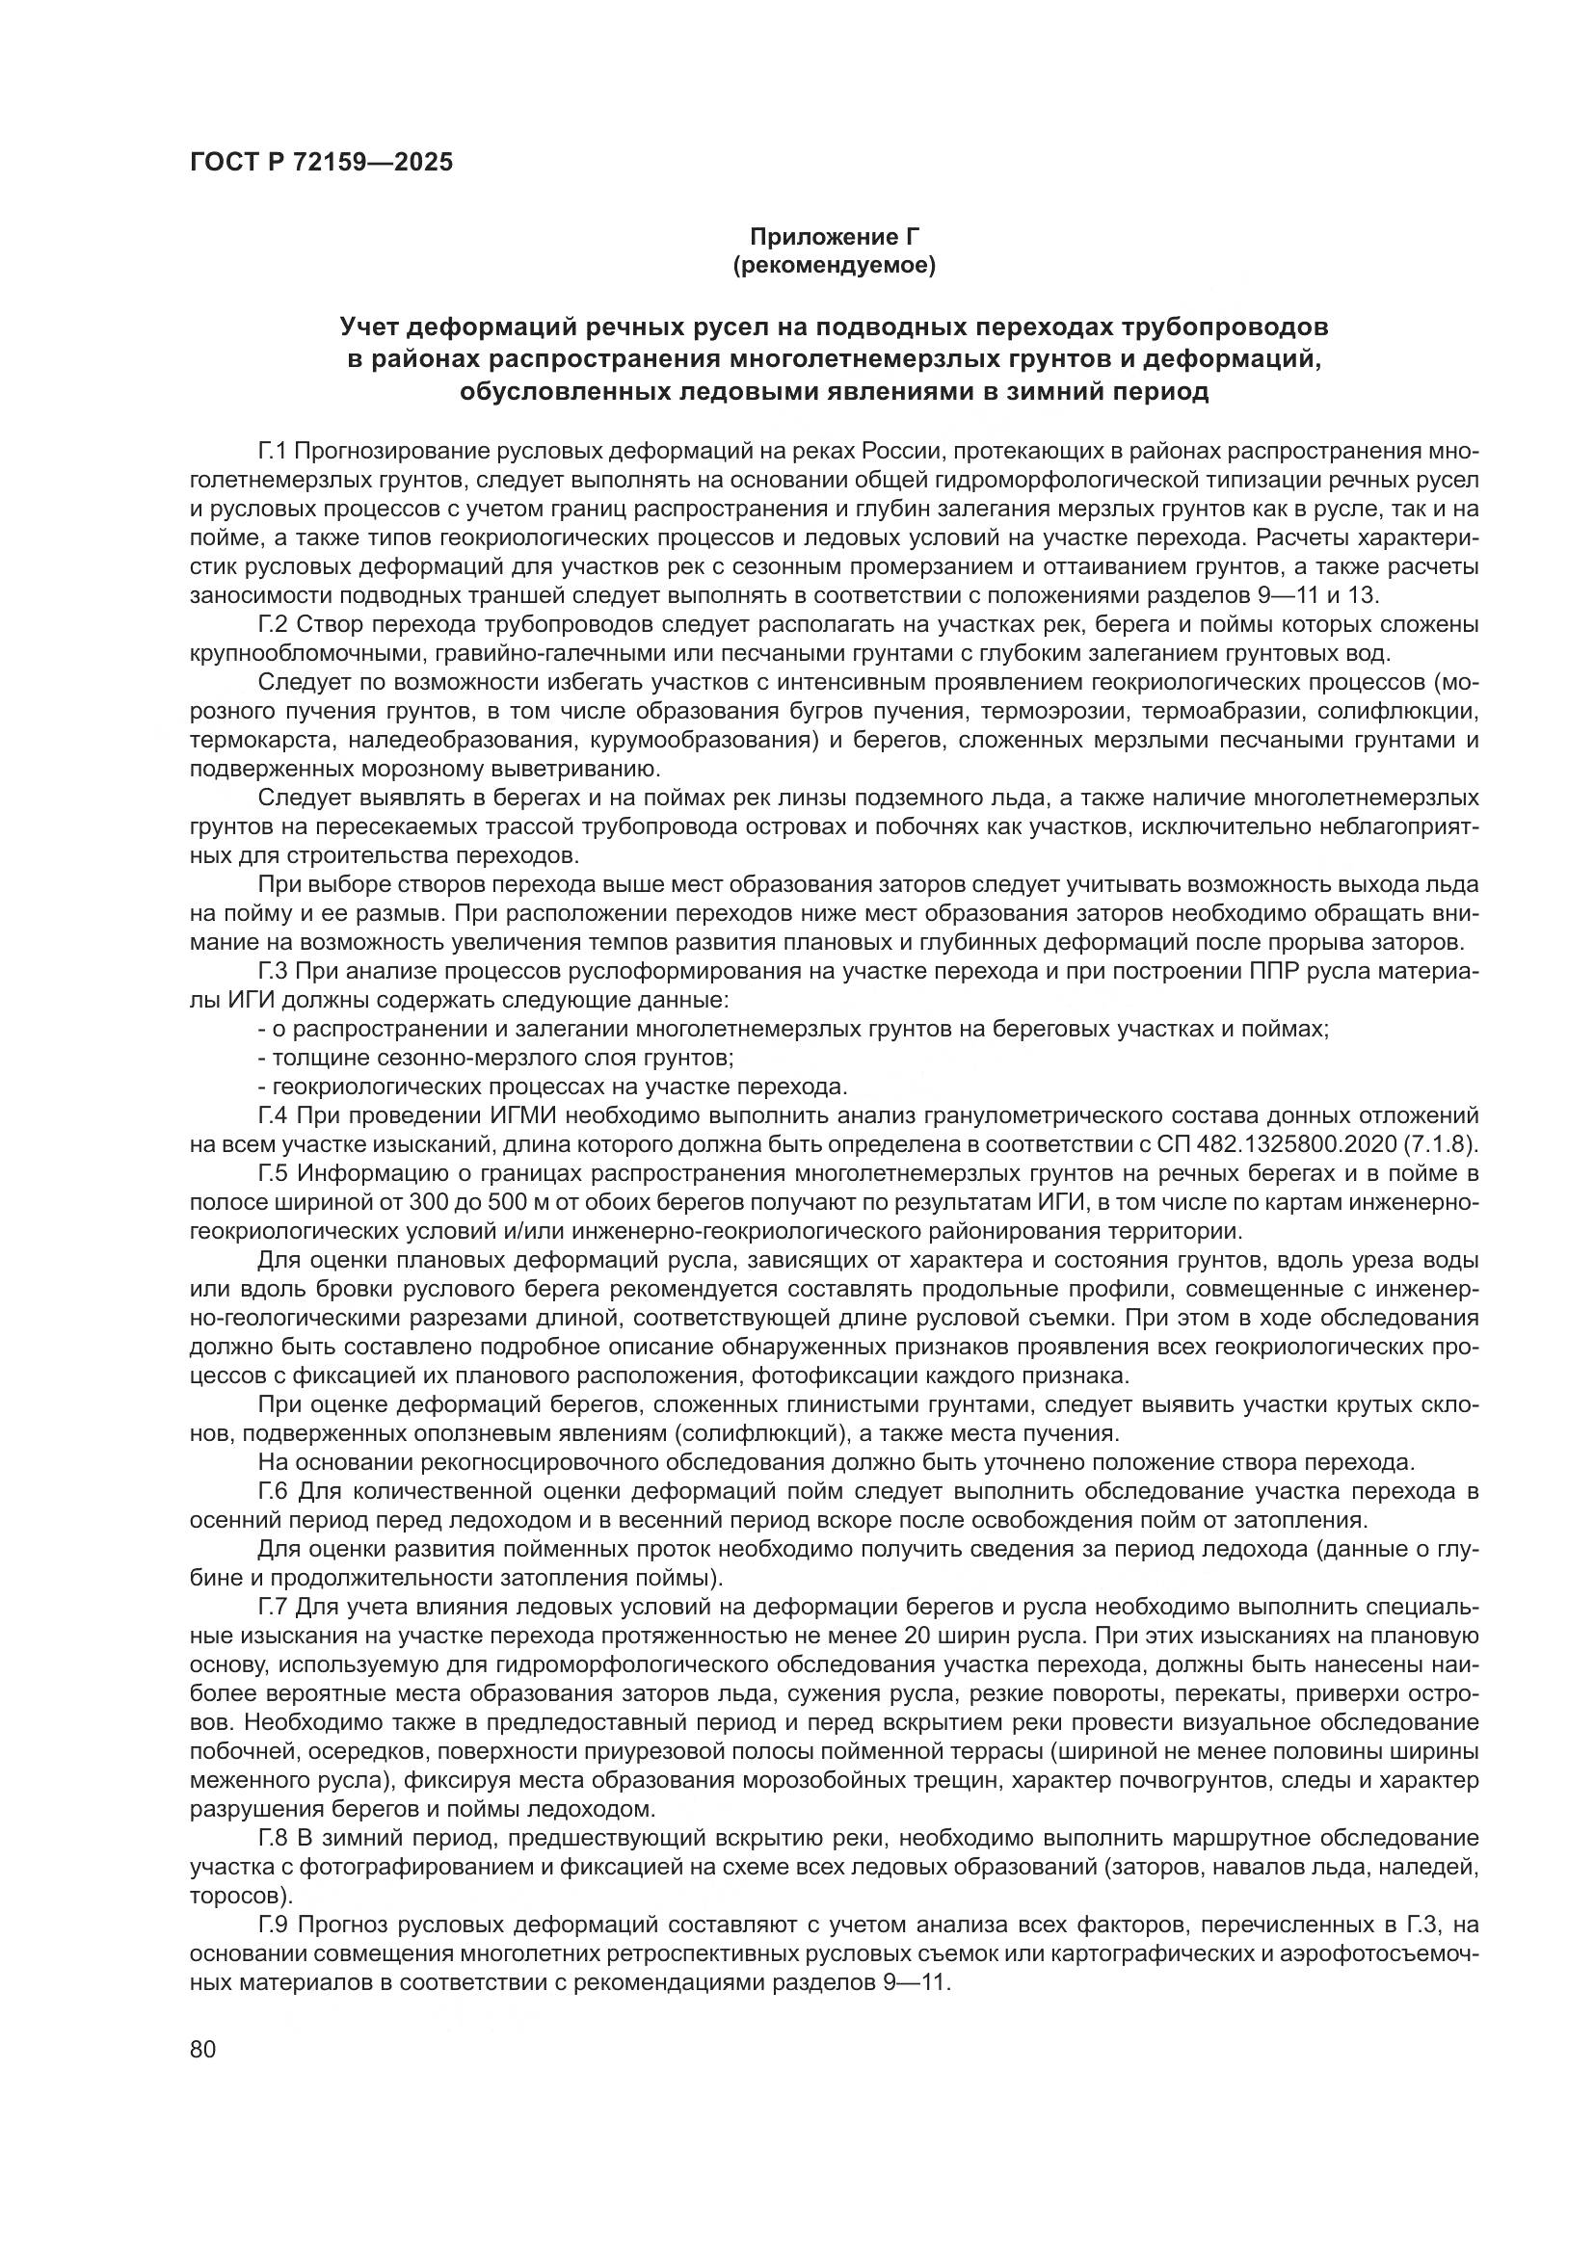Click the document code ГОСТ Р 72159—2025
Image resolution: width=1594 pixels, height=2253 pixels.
[x=321, y=163]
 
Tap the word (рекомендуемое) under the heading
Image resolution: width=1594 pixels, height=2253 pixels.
[x=835, y=265]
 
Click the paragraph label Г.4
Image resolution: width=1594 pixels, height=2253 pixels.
[x=273, y=1115]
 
